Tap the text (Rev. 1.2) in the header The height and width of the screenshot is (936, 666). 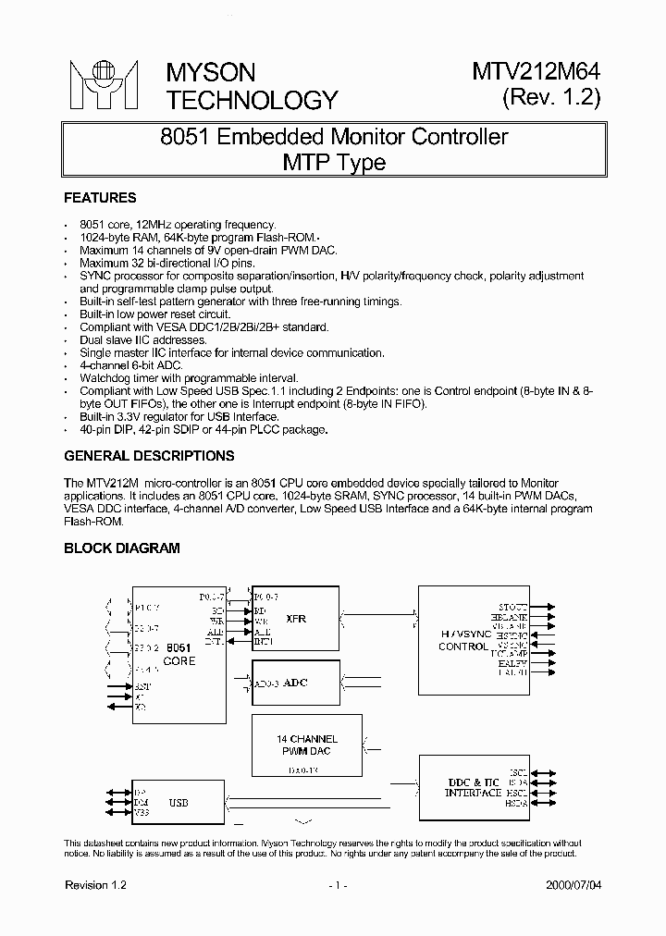(x=551, y=98)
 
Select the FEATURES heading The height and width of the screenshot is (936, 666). (x=100, y=198)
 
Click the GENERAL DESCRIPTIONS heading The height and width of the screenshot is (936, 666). (x=149, y=456)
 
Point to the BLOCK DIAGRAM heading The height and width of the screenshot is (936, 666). (x=121, y=548)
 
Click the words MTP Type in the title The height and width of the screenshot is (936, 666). (x=333, y=163)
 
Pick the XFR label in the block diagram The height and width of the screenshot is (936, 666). (x=296, y=619)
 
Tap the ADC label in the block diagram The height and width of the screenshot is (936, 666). (x=295, y=683)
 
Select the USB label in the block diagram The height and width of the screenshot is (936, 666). (x=179, y=803)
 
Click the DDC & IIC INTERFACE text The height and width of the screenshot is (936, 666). (x=473, y=788)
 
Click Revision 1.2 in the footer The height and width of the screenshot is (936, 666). (x=95, y=885)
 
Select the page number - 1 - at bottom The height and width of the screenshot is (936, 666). (x=337, y=885)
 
